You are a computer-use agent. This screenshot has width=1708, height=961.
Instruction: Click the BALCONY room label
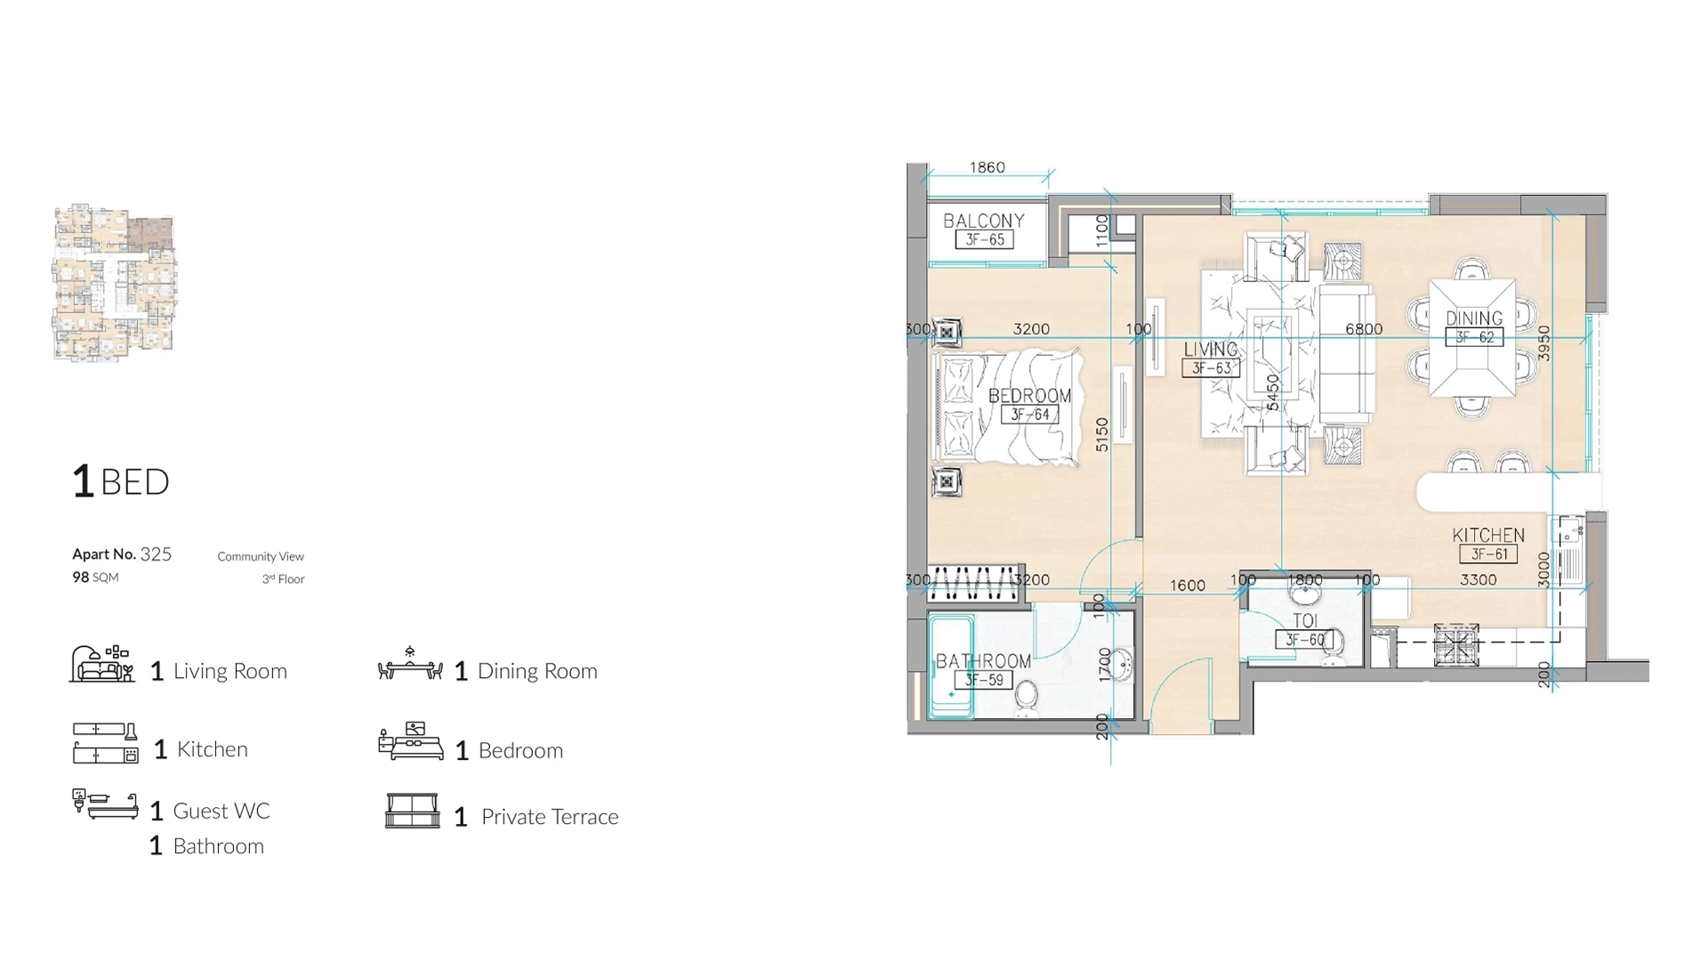click(983, 220)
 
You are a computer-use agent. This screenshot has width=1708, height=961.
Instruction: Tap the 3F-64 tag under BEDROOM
click(1029, 415)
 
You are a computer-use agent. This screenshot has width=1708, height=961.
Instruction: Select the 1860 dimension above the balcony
click(987, 167)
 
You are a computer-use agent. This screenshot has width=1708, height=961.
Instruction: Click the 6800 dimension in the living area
click(1363, 329)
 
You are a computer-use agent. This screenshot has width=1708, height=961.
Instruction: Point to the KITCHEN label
click(1487, 535)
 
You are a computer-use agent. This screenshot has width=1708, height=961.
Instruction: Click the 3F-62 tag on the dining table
click(1474, 337)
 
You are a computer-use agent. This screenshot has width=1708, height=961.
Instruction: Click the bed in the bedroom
click(1005, 408)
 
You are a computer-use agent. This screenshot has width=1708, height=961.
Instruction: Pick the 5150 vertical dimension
click(1102, 434)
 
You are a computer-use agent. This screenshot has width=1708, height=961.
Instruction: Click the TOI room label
click(1304, 620)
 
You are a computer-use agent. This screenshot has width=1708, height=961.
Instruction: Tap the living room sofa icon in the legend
click(102, 665)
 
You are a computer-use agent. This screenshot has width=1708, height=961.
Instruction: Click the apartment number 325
click(156, 554)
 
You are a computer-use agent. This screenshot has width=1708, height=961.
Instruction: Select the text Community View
click(261, 557)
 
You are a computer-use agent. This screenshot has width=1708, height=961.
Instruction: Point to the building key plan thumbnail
click(115, 282)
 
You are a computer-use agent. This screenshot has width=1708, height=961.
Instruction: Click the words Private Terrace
click(549, 817)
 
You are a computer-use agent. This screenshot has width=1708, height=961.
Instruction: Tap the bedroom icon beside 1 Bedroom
click(410, 742)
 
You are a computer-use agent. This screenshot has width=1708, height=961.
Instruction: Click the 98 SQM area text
click(95, 577)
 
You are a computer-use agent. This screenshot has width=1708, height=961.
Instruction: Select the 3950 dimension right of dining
click(1544, 343)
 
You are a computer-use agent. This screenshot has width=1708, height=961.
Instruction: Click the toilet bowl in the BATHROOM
click(1027, 696)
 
